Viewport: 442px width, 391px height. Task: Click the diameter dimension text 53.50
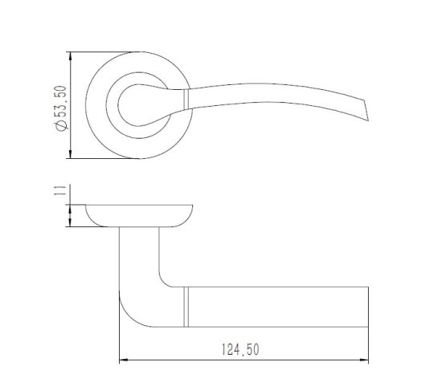click(62, 101)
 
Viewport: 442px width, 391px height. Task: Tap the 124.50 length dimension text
click(240, 349)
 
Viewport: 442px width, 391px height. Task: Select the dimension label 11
click(61, 191)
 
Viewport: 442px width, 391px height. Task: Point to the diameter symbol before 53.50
click(62, 124)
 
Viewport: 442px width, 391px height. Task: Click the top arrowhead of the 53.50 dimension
click(71, 57)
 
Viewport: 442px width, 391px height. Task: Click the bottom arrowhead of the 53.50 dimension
click(71, 154)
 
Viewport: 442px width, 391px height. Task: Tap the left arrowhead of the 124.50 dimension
click(124, 360)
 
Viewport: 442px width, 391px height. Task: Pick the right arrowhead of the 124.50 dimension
click(363, 360)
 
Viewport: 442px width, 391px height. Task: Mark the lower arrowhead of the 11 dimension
click(71, 222)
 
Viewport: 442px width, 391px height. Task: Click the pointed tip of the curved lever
click(368, 120)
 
